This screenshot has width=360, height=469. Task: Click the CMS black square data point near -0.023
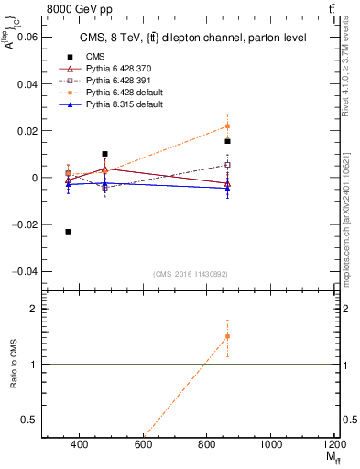point(69,232)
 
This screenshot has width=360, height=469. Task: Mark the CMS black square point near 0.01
point(105,154)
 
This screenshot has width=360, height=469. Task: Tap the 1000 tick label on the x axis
point(271,444)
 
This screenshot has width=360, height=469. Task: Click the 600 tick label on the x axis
point(143,444)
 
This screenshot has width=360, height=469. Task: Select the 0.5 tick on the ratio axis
point(29,420)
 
